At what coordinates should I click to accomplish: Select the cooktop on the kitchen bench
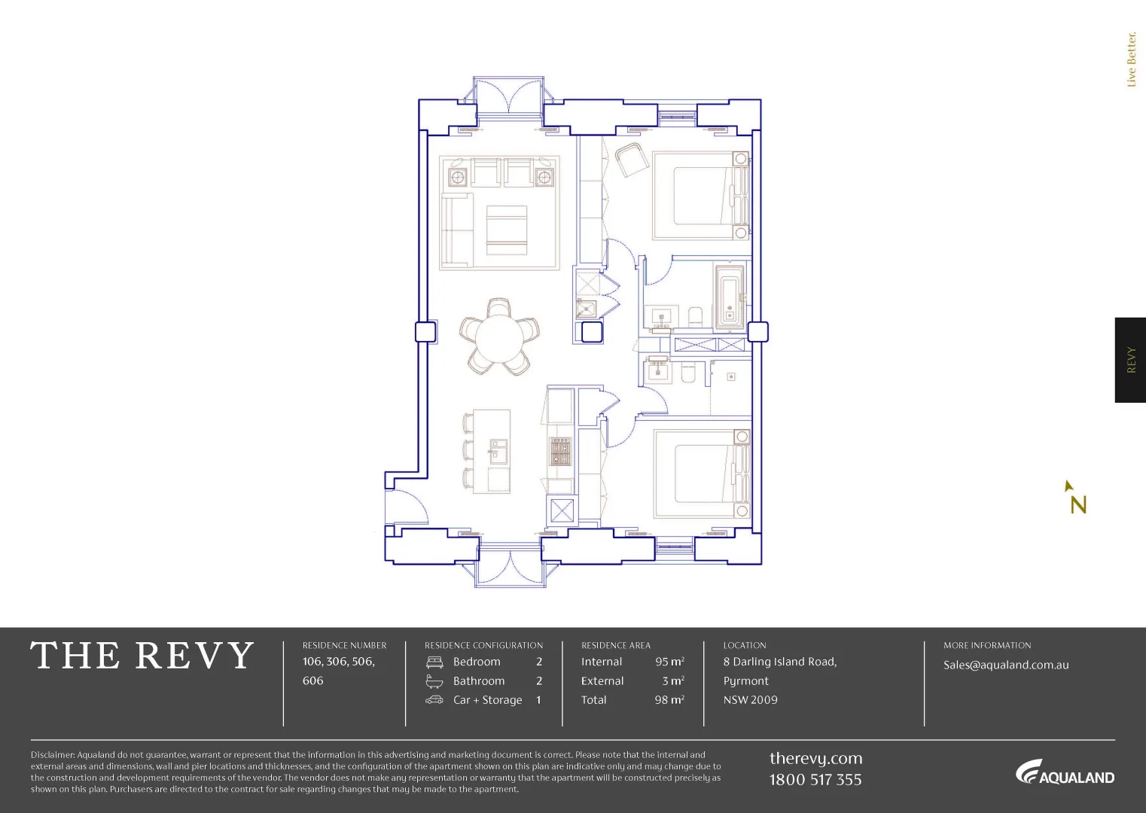(560, 451)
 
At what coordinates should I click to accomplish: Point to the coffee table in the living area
(506, 230)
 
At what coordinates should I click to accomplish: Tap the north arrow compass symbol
(1076, 498)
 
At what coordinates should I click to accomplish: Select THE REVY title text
(142, 656)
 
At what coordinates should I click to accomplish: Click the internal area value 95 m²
(669, 662)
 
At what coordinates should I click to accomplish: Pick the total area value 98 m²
(669, 700)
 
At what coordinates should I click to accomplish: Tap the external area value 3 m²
(673, 681)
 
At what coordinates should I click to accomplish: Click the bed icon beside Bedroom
(434, 662)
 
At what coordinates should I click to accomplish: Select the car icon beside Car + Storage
(434, 700)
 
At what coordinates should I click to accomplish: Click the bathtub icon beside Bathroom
(434, 681)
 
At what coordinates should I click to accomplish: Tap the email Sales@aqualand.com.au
(1006, 665)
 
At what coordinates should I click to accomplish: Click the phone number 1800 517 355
(815, 780)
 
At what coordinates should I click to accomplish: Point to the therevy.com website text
(815, 759)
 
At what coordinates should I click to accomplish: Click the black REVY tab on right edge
(1130, 360)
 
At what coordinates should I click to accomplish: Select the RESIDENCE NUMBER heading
(344, 645)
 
